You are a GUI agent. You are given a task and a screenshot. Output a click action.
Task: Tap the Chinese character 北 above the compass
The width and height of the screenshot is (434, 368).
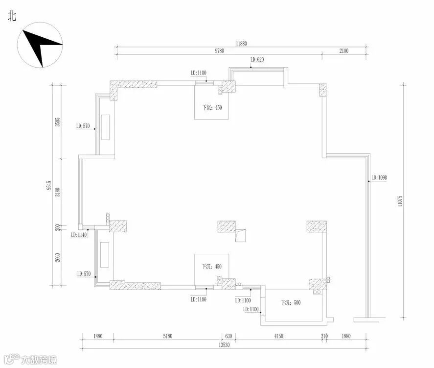[x=12, y=16]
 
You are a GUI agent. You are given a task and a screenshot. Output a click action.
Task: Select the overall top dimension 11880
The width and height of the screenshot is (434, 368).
[x=241, y=44]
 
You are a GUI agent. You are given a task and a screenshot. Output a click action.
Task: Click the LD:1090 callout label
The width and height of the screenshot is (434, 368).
[x=379, y=177]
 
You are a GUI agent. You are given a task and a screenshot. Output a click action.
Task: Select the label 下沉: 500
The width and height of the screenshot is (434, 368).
[x=291, y=303]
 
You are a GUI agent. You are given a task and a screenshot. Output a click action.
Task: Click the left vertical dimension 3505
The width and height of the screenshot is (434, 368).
[x=57, y=122]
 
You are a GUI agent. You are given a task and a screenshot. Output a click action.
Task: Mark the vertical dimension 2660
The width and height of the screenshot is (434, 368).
[x=57, y=257]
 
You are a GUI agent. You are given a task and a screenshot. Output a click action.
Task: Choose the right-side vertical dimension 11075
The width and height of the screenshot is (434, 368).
[x=400, y=201]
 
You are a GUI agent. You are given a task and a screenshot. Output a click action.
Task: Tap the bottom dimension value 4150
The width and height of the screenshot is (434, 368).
[x=278, y=336]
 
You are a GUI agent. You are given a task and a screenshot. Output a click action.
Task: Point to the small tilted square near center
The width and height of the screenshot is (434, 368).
[x=240, y=236]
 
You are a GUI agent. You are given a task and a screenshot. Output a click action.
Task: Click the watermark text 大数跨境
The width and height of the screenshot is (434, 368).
[x=38, y=361]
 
